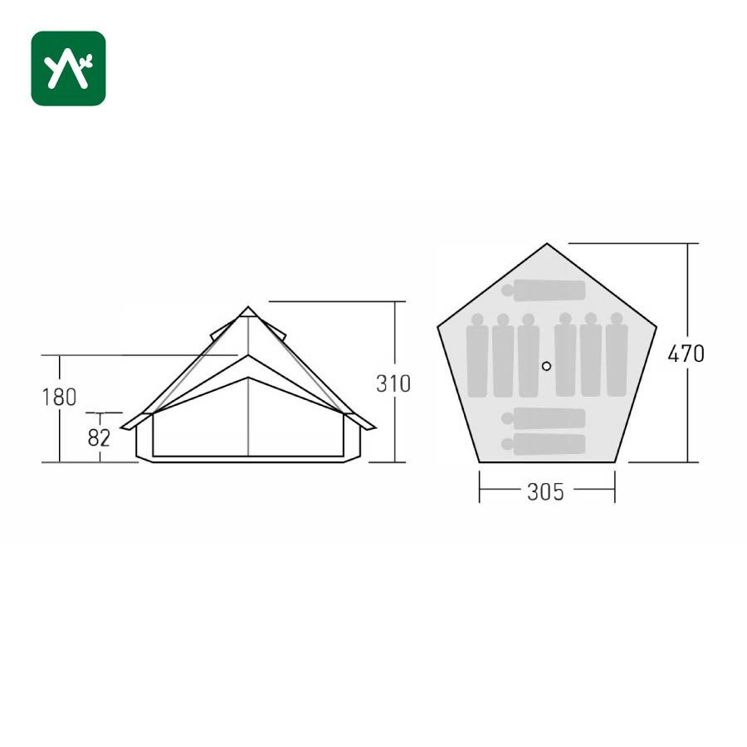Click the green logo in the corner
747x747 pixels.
coord(68,68)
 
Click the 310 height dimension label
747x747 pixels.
coord(393,384)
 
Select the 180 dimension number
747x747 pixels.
coord(59,398)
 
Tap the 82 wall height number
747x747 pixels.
coord(99,437)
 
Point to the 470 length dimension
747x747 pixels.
coord(686,354)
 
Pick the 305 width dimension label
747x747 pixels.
coord(546,491)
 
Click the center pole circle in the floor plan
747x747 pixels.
coord(546,366)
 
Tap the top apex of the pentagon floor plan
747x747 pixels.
coord(547,244)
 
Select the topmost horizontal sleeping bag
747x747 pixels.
coord(543,290)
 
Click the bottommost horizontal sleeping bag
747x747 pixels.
coord(543,444)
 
